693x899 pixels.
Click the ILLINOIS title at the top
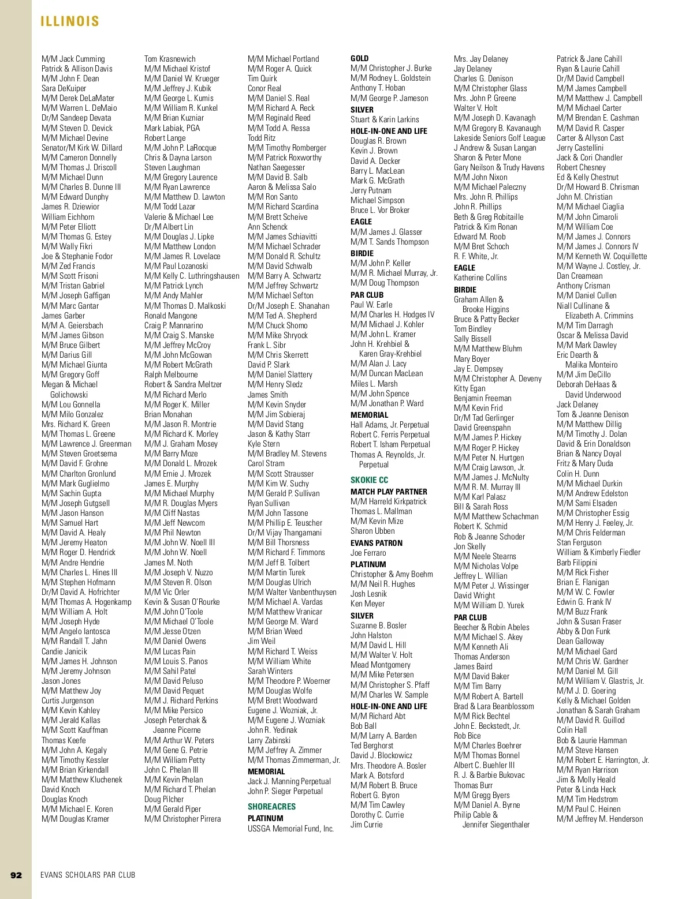(x=70, y=22)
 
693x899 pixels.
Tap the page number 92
(x=16, y=875)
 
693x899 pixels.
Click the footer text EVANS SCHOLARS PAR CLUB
(x=88, y=875)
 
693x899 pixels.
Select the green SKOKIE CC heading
(x=369, y=480)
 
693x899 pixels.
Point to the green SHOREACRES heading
(x=271, y=807)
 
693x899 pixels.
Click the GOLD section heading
(x=359, y=58)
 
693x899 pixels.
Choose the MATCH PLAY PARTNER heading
(x=389, y=492)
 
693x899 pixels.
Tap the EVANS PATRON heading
(x=377, y=543)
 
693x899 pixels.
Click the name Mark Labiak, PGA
(x=172, y=128)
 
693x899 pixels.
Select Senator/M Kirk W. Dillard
(x=81, y=148)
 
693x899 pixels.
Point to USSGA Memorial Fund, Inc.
(x=290, y=829)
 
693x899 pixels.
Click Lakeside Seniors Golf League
(x=499, y=138)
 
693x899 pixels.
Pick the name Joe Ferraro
(x=368, y=553)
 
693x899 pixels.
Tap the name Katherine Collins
(x=480, y=278)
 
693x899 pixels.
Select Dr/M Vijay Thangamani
(x=285, y=533)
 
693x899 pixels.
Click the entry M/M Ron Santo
(x=273, y=197)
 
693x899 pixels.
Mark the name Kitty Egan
(x=470, y=388)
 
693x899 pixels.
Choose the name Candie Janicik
(x=64, y=651)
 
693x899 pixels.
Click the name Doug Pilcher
(x=164, y=799)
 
